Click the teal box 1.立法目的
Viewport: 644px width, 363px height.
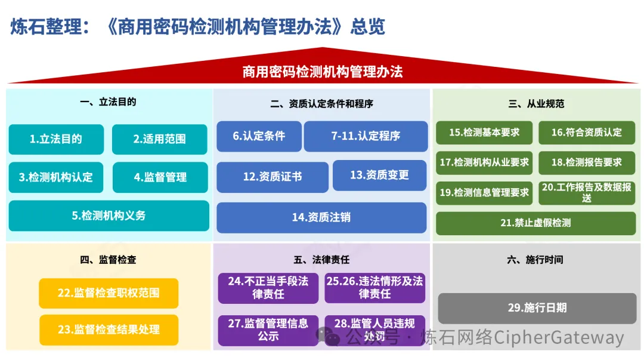(56, 139)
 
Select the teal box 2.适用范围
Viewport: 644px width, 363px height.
(159, 139)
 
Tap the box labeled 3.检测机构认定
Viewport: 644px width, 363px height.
(56, 177)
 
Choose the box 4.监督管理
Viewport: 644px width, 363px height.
(160, 177)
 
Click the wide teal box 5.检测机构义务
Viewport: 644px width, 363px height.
(109, 216)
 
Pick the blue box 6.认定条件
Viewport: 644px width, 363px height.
(259, 136)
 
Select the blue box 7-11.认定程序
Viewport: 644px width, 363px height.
(366, 136)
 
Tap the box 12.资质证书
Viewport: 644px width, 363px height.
(272, 177)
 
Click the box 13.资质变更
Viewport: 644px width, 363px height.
(379, 175)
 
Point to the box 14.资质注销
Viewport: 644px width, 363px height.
(321, 217)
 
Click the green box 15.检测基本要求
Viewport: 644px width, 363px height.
(484, 133)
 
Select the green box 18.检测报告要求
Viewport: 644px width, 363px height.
(586, 162)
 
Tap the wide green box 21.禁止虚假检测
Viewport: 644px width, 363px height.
(535, 223)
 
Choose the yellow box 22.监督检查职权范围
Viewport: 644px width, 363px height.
(109, 293)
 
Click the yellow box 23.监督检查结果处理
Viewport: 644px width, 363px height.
(109, 330)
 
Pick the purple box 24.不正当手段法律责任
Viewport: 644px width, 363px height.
(268, 288)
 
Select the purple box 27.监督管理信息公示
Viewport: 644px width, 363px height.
(268, 330)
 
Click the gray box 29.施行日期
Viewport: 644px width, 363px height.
(537, 308)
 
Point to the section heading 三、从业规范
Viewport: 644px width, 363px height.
(536, 104)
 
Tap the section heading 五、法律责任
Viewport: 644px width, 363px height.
(321, 260)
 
